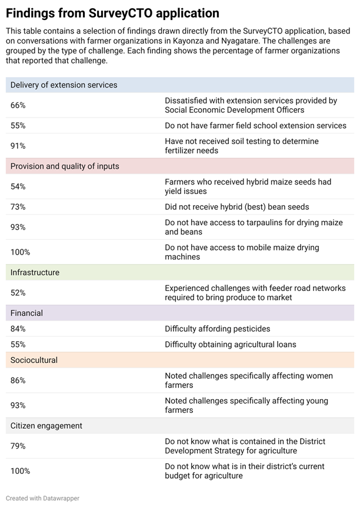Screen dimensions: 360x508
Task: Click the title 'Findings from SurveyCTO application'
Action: pyautogui.click(x=112, y=14)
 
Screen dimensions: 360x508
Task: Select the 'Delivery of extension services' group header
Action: pyautogui.click(x=64, y=85)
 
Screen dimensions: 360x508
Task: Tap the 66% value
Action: pyautogui.click(x=18, y=105)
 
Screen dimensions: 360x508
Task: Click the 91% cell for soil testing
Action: pyautogui.click(x=18, y=146)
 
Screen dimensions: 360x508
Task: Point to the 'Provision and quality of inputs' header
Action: pyautogui.click(x=65, y=166)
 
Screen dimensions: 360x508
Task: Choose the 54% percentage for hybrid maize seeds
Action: pyautogui.click(x=18, y=186)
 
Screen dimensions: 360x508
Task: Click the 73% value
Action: pyautogui.click(x=18, y=207)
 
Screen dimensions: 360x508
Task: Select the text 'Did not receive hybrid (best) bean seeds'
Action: pyautogui.click(x=237, y=207)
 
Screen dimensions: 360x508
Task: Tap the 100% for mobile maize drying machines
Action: pyautogui.click(x=20, y=252)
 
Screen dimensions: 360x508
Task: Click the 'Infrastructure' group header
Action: pyautogui.click(x=35, y=272)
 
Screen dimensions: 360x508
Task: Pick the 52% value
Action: pyautogui.click(x=18, y=293)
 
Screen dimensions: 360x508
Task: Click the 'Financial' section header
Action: pyautogui.click(x=26, y=313)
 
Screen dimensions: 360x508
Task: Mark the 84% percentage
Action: pyautogui.click(x=18, y=329)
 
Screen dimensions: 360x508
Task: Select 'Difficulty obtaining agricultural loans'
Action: pyautogui.click(x=231, y=345)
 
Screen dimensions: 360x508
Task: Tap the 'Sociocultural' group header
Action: pyautogui.click(x=34, y=360)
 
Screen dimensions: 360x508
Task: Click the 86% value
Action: pyautogui.click(x=18, y=380)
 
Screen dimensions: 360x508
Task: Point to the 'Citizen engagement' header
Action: pyautogui.click(x=46, y=426)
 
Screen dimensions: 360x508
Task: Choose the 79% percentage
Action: pyautogui.click(x=18, y=446)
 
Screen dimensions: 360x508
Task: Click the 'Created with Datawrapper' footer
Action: pyautogui.click(x=42, y=498)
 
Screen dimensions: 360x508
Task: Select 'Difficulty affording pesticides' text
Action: pyautogui.click(x=218, y=329)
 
